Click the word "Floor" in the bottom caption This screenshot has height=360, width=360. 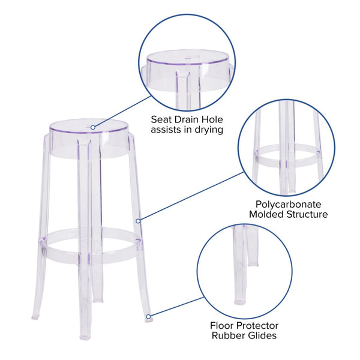[223, 325]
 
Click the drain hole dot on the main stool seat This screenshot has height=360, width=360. [93, 127]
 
